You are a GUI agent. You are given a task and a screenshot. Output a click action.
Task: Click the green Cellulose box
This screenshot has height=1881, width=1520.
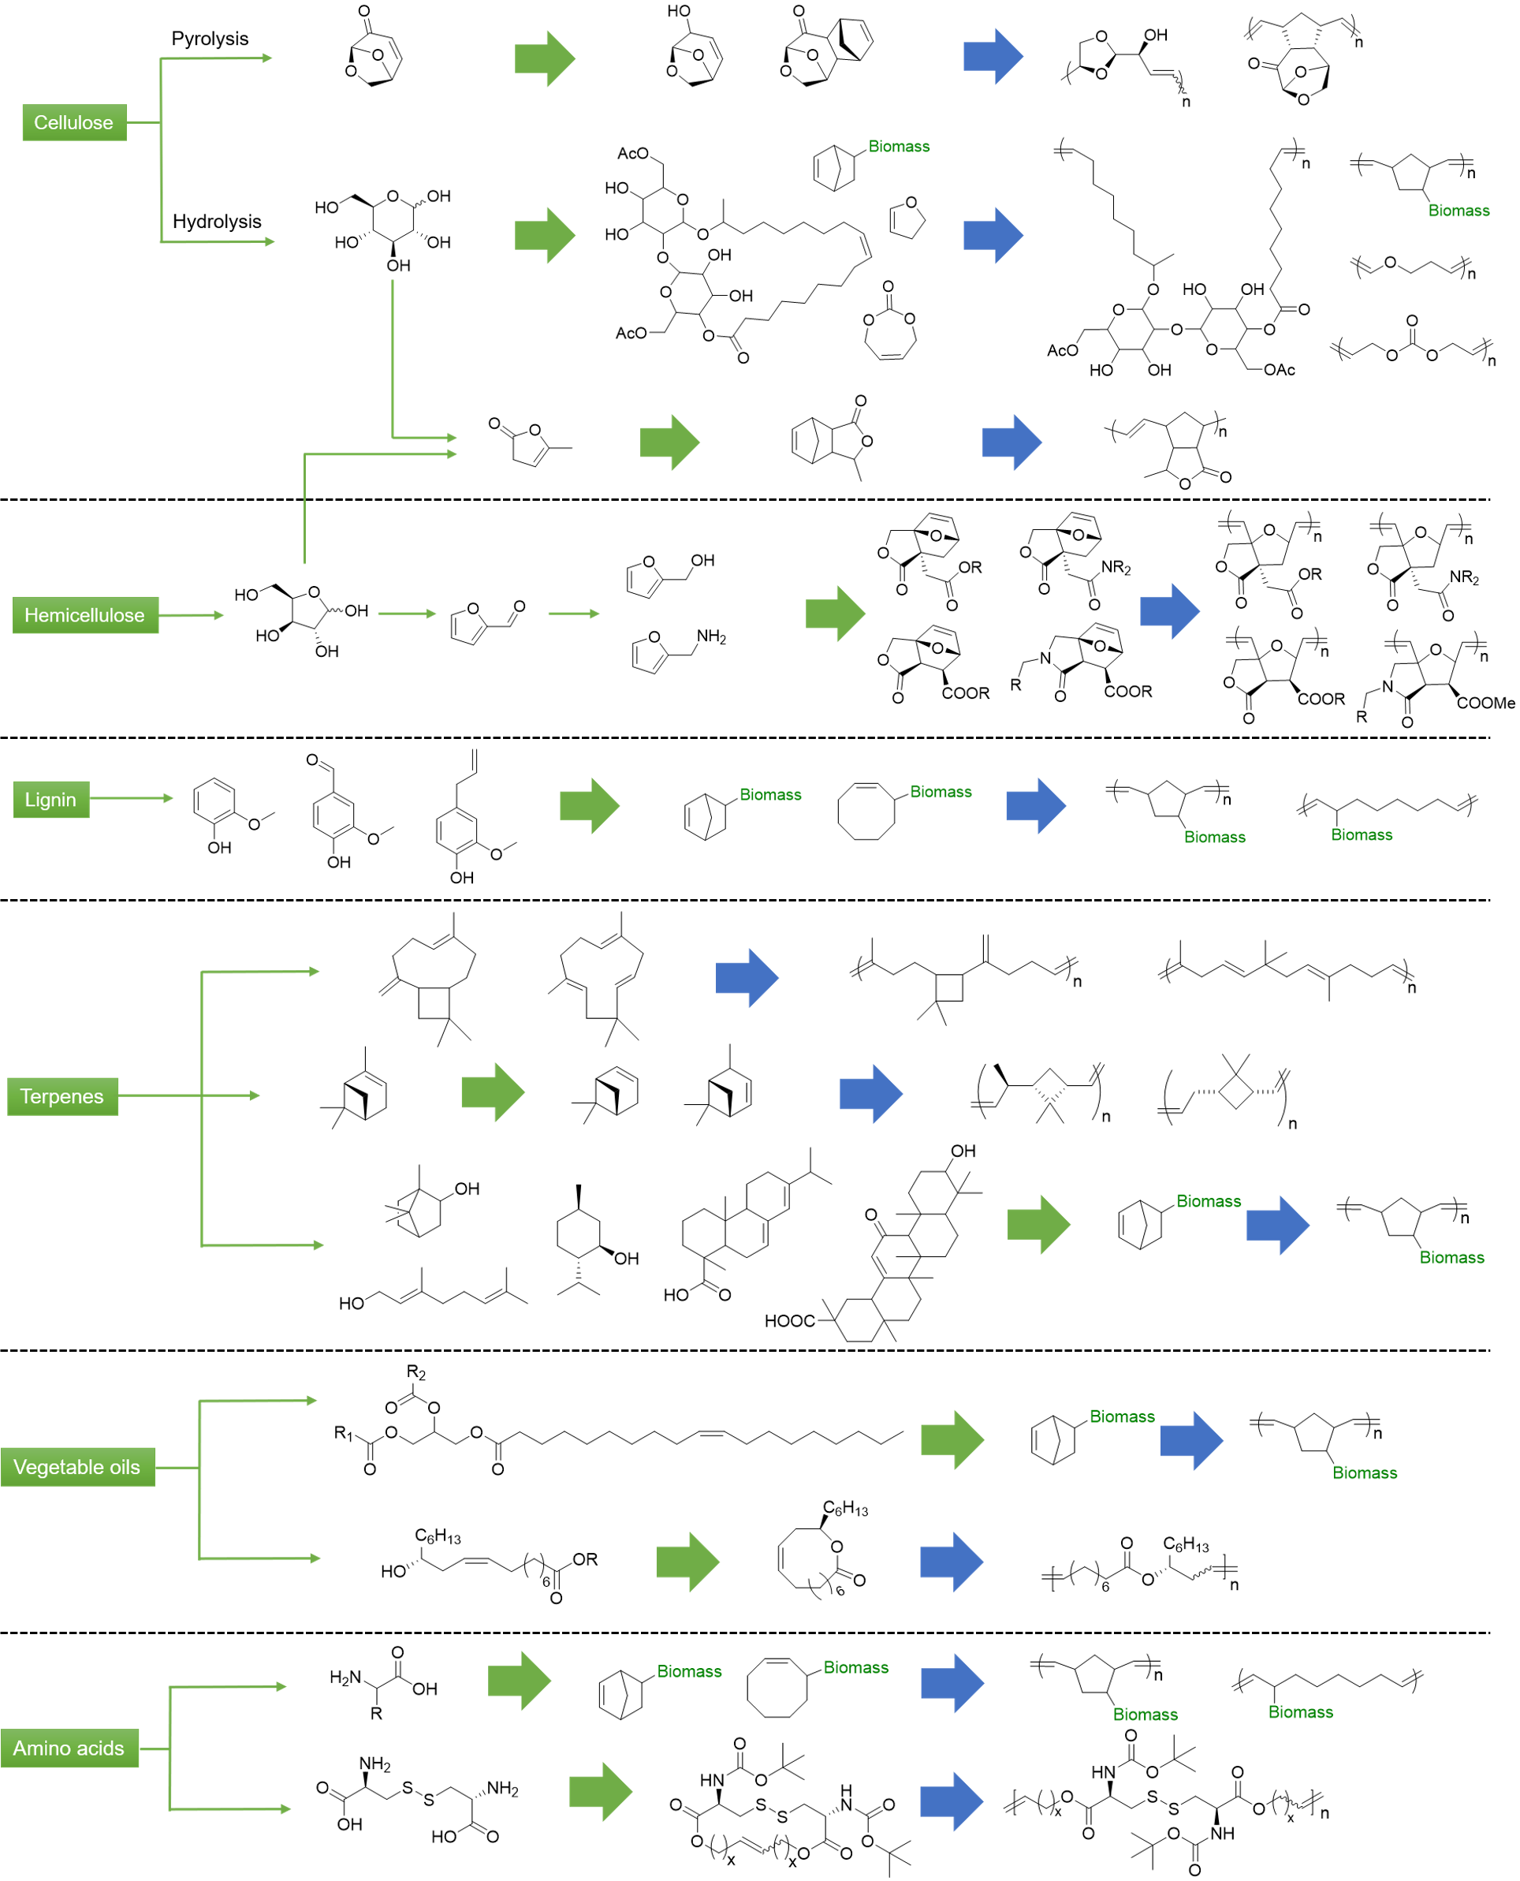point(73,122)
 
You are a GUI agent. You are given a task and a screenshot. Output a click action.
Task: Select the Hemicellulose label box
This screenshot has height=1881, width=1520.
point(85,614)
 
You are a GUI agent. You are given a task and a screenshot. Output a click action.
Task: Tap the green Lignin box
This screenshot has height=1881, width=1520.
point(50,800)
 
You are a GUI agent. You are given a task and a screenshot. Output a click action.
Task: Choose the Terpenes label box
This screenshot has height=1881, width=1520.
point(62,1096)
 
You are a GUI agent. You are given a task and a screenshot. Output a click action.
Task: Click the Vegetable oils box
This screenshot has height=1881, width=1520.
point(77,1467)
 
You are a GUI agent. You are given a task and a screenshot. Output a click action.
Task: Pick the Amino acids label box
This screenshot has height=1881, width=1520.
point(69,1748)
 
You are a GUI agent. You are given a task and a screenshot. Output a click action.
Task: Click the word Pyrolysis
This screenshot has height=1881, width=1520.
point(210,39)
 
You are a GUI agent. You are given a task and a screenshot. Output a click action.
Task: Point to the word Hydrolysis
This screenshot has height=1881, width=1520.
point(217,222)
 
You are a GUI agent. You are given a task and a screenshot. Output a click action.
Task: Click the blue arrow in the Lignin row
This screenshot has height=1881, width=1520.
point(1036,804)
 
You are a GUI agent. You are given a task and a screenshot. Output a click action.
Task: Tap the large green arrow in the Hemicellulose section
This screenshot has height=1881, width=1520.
point(836,613)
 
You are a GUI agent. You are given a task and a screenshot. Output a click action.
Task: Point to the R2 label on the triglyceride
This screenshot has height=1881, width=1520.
point(416,1373)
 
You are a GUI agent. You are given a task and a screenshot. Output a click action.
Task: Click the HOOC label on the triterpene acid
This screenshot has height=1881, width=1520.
point(789,1320)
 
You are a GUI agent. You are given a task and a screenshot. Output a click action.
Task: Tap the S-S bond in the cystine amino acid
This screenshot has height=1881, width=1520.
point(419,1793)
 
